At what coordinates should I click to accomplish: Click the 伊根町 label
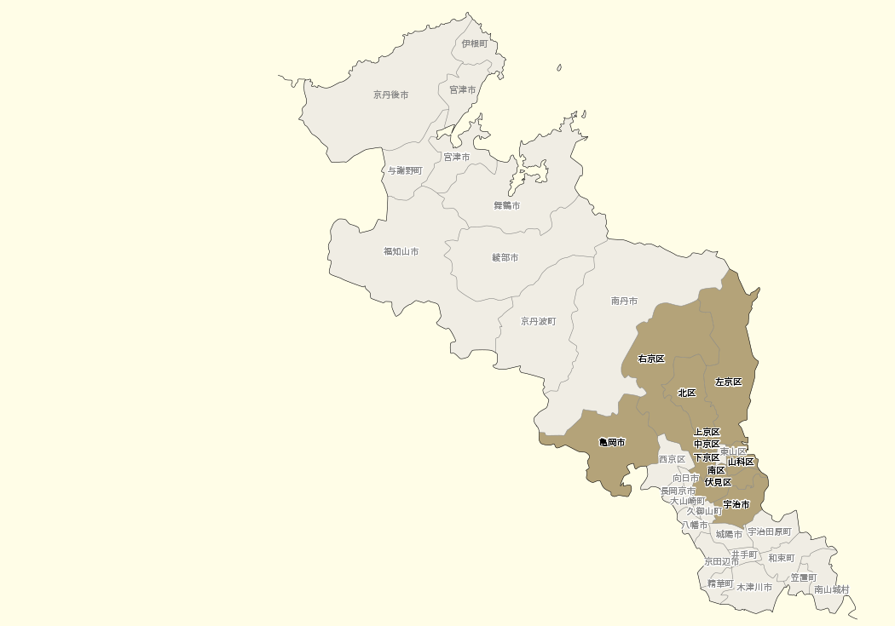click(475, 43)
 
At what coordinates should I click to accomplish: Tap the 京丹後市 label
click(390, 95)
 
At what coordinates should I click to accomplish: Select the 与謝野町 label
click(405, 170)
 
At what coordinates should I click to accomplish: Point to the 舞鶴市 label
click(506, 205)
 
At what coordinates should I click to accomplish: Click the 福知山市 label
click(401, 251)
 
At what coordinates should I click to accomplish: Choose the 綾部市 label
click(505, 257)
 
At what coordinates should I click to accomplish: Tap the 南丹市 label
click(624, 301)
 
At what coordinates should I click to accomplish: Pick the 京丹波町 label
click(539, 321)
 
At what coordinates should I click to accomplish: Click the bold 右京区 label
click(651, 359)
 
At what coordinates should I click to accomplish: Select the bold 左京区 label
click(728, 382)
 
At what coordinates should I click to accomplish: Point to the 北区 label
click(686, 393)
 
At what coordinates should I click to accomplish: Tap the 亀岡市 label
click(612, 442)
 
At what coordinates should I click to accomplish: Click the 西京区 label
click(672, 459)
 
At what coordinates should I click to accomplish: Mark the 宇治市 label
click(736, 504)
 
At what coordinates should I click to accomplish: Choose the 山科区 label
click(740, 462)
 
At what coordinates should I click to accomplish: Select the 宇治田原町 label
click(769, 531)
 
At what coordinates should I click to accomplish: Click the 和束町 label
click(781, 558)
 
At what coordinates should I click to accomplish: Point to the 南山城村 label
click(831, 589)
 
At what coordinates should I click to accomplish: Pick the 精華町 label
click(719, 583)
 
